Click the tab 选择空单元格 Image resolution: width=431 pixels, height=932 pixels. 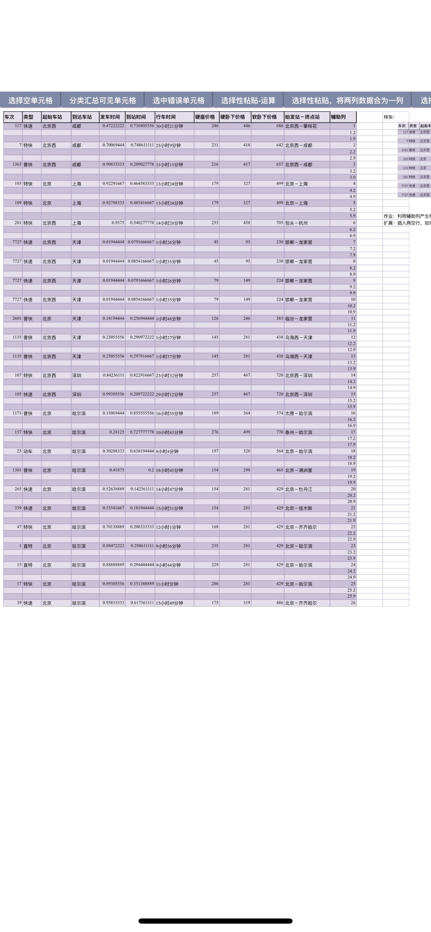click(x=30, y=100)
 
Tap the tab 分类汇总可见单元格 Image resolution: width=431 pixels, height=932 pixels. click(x=103, y=100)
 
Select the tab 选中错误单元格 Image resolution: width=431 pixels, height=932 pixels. click(x=178, y=100)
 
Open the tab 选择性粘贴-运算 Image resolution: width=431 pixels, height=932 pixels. click(x=248, y=100)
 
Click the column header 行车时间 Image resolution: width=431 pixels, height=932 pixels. click(x=166, y=117)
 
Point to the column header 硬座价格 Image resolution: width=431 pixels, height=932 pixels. click(x=205, y=117)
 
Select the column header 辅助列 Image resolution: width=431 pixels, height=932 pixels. click(x=338, y=117)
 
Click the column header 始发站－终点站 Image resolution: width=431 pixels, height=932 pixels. click(x=302, y=117)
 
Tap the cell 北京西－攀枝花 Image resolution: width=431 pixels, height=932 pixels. click(x=301, y=126)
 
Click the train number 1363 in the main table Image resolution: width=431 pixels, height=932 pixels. click(x=17, y=165)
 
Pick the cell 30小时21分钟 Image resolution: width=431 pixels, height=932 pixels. click(x=170, y=126)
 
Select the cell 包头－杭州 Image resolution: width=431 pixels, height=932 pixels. click(x=297, y=223)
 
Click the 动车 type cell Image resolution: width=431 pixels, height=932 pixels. click(x=28, y=451)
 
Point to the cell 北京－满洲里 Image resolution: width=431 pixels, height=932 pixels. click(x=299, y=471)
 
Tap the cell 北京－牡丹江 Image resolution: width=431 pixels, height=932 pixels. click(x=299, y=489)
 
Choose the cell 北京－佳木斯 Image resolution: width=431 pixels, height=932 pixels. click(x=299, y=508)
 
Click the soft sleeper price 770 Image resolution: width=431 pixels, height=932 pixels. click(x=279, y=432)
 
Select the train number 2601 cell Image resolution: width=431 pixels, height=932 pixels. click(x=17, y=319)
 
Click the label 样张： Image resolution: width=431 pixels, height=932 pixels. click(x=389, y=117)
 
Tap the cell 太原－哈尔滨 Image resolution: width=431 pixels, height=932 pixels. click(x=299, y=414)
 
